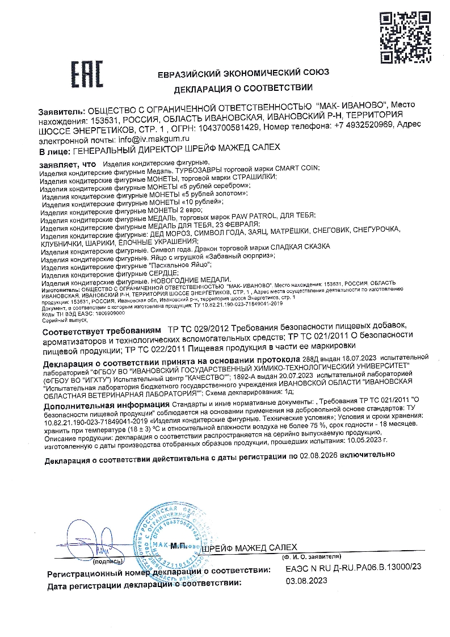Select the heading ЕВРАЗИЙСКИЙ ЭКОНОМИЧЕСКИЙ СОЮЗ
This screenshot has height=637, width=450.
pos(243,73)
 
